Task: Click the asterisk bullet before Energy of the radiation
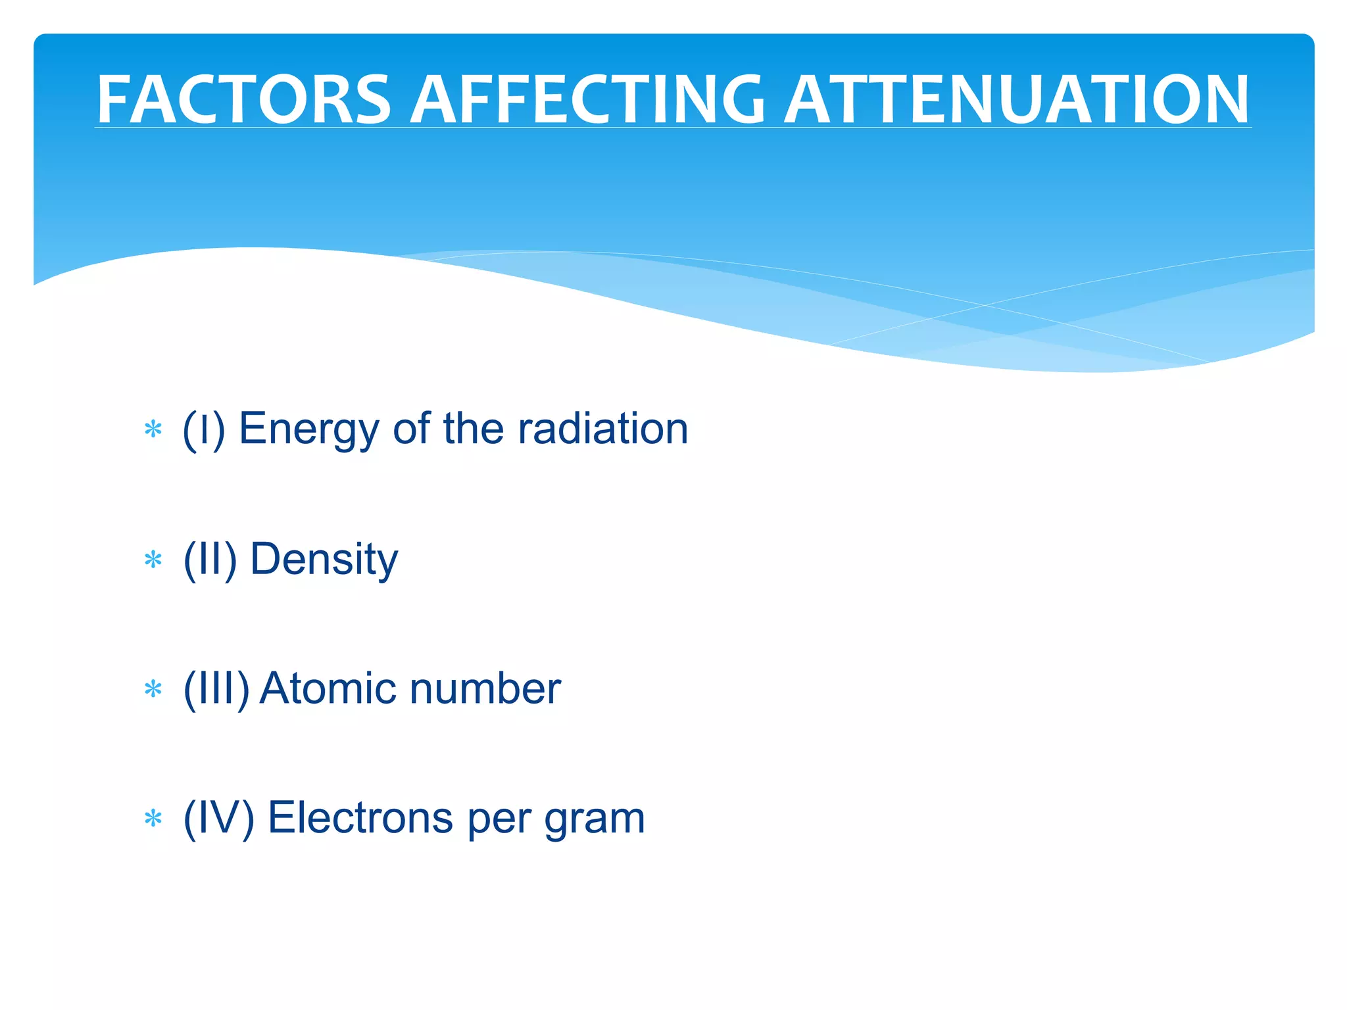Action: [x=153, y=430]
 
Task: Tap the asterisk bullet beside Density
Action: [x=153, y=560]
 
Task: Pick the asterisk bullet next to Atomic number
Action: [x=153, y=690]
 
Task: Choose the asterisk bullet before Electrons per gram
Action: [x=153, y=819]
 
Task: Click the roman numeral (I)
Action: [x=204, y=429]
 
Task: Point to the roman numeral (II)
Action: [x=210, y=559]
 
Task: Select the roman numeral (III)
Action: [x=216, y=688]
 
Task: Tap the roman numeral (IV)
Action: [x=218, y=818]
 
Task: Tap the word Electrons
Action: [x=360, y=818]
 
